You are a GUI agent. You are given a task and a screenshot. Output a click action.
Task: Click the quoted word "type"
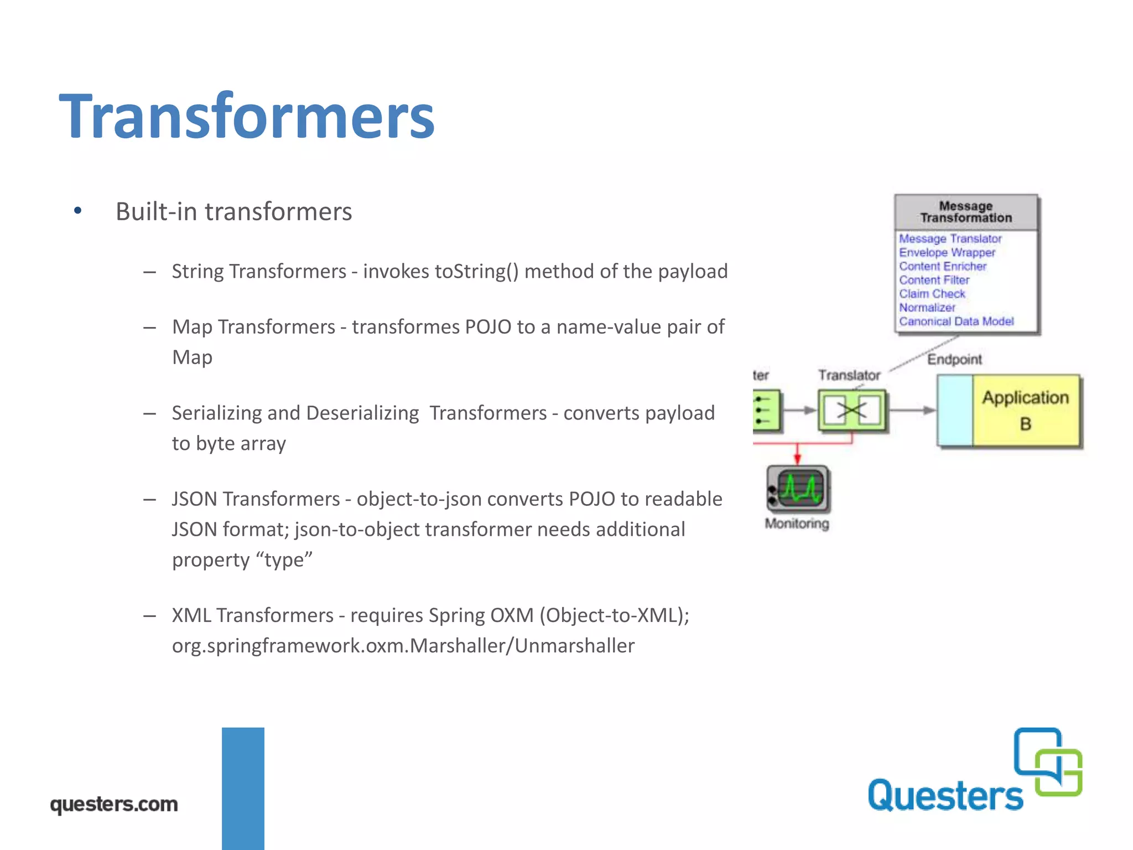284,560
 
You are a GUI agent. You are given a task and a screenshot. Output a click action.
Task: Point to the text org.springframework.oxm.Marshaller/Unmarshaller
403,646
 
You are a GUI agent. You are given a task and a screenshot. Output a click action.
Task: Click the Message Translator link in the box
950,239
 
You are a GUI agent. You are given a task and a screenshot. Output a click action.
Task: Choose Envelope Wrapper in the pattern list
947,252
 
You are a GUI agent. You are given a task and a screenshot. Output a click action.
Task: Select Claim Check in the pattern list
932,294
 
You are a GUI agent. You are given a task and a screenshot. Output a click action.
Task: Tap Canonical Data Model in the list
956,322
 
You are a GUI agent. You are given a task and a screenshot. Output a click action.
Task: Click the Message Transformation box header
965,212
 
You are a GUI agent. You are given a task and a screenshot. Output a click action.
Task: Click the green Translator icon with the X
852,411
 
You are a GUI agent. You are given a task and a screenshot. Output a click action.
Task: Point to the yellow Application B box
1026,411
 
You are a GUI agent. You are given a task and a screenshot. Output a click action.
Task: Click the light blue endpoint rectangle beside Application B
955,411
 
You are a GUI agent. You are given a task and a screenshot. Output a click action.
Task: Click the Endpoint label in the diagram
954,360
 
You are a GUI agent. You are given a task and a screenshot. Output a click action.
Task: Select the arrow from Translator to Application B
912,411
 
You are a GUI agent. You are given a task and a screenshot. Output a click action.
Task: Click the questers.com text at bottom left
114,804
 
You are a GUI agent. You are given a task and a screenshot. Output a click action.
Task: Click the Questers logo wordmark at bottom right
945,796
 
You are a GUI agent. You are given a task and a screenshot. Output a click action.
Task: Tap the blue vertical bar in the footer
243,788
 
